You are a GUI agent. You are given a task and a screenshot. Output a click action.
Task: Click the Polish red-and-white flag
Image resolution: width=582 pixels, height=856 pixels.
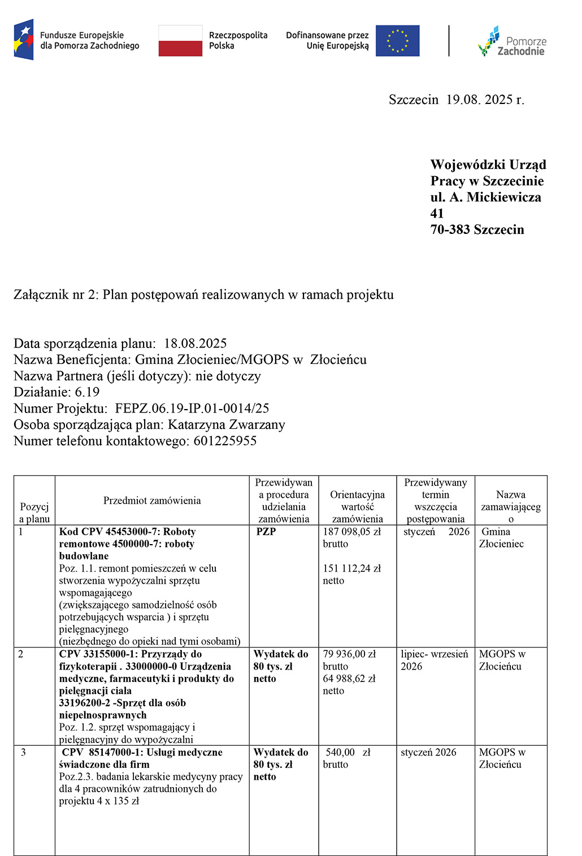(180, 41)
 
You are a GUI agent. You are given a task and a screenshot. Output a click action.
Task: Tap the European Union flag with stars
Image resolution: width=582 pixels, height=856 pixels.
(397, 41)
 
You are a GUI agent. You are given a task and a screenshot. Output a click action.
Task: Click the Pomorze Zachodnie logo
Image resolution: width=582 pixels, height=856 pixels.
(512, 42)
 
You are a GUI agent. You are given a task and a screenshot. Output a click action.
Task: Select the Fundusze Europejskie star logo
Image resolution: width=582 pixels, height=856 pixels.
(24, 40)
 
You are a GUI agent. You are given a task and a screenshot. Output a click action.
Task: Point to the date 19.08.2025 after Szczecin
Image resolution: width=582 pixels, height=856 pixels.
(479, 100)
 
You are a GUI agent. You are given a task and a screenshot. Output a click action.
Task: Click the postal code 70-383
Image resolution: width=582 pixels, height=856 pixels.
(450, 230)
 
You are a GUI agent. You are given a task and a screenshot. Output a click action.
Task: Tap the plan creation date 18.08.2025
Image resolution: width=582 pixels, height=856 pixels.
(196, 344)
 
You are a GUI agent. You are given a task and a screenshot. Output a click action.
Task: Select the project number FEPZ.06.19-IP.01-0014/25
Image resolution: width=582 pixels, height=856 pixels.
(192, 409)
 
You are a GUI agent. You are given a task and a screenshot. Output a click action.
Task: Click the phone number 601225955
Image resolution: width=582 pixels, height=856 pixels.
(225, 441)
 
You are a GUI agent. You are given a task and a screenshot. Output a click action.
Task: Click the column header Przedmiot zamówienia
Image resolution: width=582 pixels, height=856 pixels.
(152, 501)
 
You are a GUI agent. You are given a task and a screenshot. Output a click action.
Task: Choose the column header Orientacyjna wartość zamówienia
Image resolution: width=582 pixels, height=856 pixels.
(357, 507)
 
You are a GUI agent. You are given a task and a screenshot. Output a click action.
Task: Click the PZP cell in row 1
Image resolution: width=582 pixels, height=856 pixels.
(266, 532)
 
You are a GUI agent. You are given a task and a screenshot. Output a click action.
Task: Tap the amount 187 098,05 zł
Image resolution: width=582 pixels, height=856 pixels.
(351, 532)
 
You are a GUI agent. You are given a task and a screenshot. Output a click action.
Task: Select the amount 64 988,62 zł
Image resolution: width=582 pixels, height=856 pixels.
(349, 679)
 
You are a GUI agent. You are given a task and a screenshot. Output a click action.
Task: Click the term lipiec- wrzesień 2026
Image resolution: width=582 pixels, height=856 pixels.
(434, 660)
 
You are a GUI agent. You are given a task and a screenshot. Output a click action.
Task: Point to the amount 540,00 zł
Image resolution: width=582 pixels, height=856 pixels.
(348, 753)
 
